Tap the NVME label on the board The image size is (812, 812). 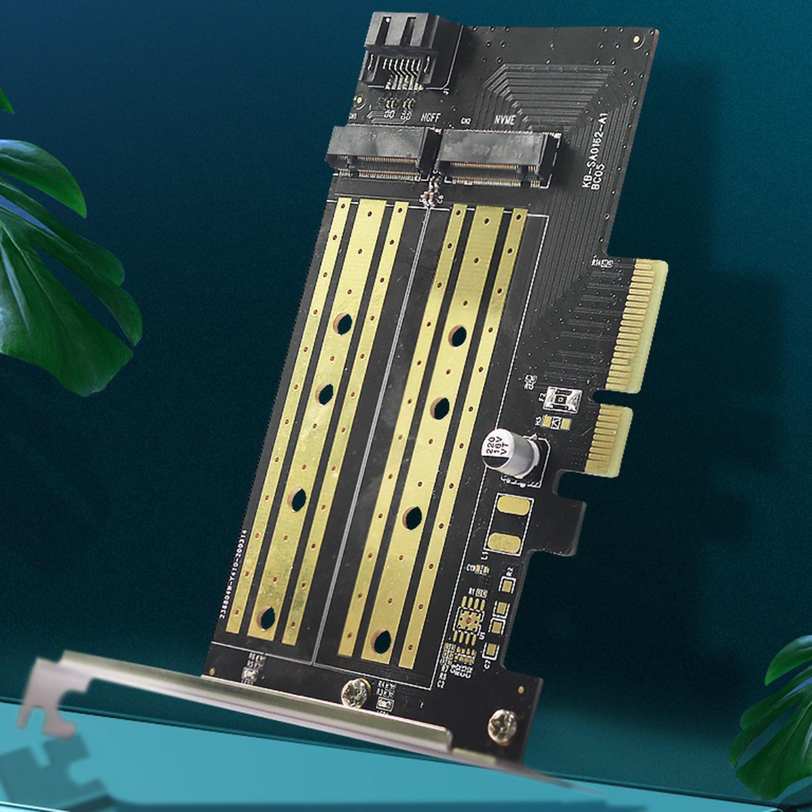pos(505,120)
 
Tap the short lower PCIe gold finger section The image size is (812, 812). pos(612,439)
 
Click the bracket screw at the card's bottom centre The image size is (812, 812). pos(354,692)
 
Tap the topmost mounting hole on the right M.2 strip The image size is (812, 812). pos(458,336)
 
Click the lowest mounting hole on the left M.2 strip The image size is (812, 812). pos(266,617)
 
